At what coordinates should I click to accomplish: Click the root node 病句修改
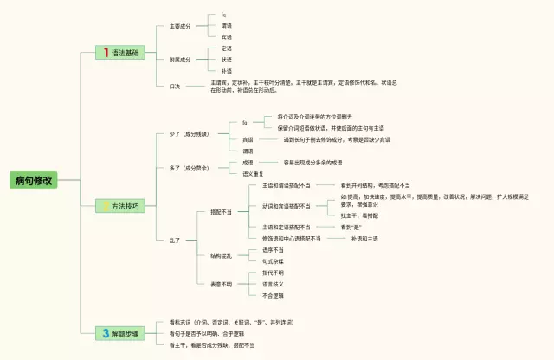coord(34,181)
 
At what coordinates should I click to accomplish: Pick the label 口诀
coord(175,86)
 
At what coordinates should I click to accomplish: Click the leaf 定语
coord(226,48)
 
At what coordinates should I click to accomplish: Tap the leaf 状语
coord(226,60)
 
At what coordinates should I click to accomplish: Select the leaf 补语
coord(226,71)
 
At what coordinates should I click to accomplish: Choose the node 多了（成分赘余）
coord(190,167)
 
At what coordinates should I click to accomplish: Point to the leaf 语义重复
coord(254,173)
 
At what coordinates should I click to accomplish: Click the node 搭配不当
coord(221,212)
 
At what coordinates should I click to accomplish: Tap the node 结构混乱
coord(221,255)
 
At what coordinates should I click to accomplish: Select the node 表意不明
coord(221,283)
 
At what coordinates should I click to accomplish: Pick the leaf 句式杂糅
coord(273,260)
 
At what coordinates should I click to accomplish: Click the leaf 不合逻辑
coord(273,295)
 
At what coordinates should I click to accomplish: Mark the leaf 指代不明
coord(273,272)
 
